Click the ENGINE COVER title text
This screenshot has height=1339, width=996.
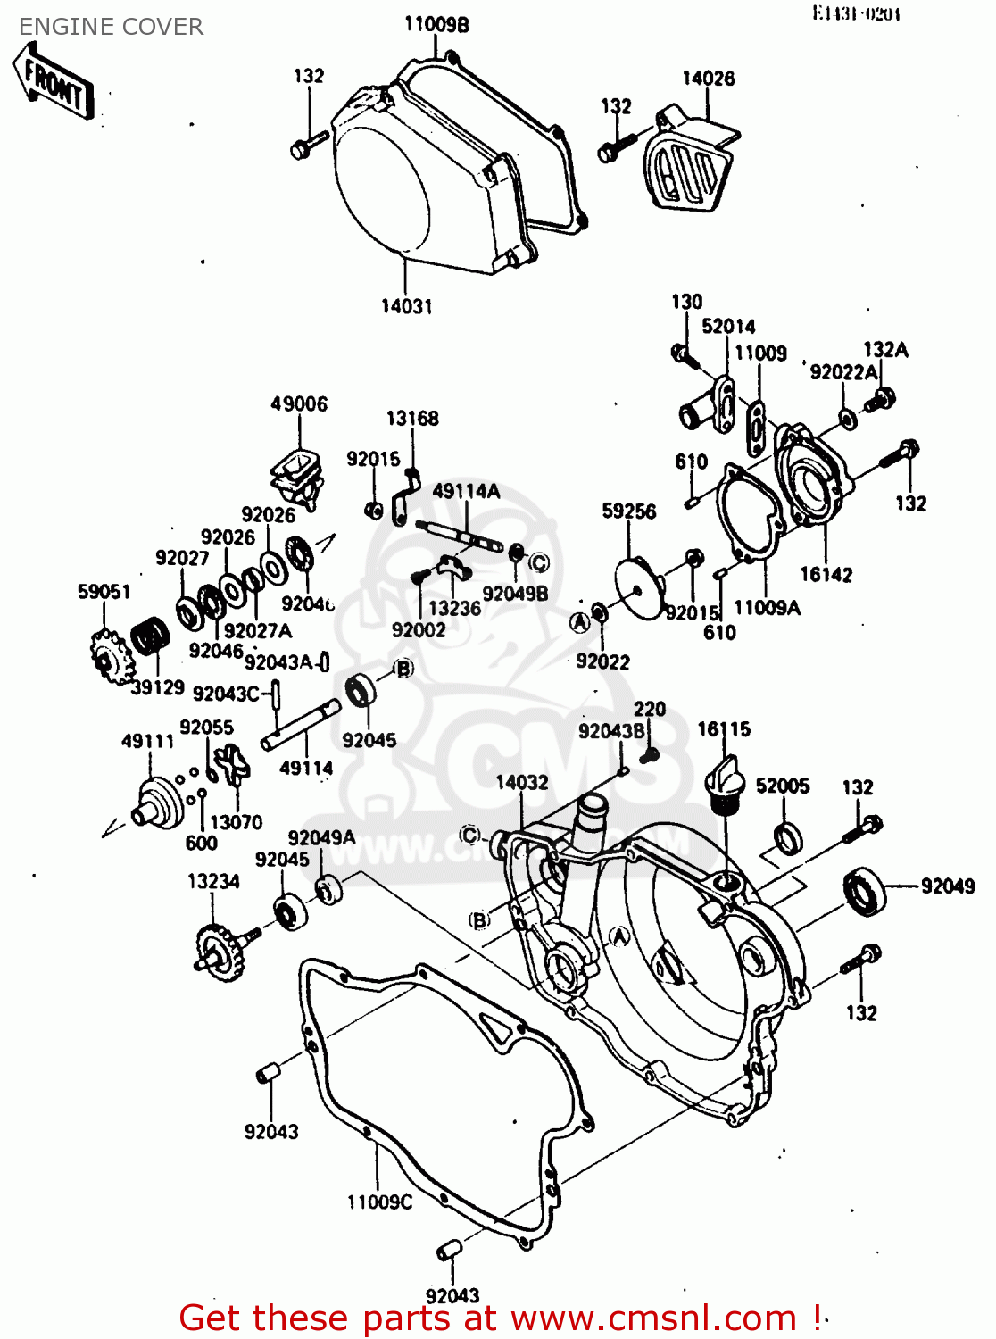pyautogui.click(x=111, y=27)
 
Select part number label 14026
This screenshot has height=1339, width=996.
pyautogui.click(x=708, y=79)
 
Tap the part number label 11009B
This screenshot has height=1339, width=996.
pyautogui.click(x=436, y=24)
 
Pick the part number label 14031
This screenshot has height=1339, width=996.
pyautogui.click(x=406, y=306)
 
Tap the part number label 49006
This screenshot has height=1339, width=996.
pyautogui.click(x=299, y=403)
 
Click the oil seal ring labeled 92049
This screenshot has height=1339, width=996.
pyautogui.click(x=864, y=890)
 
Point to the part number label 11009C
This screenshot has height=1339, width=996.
pyautogui.click(x=379, y=1202)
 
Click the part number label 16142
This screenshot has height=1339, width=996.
pyautogui.click(x=826, y=574)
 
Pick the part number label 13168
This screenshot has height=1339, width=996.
pyautogui.click(x=411, y=418)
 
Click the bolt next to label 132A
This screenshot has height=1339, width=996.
pyautogui.click(x=882, y=399)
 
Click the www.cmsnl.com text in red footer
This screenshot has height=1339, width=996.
pyautogui.click(x=653, y=1318)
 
